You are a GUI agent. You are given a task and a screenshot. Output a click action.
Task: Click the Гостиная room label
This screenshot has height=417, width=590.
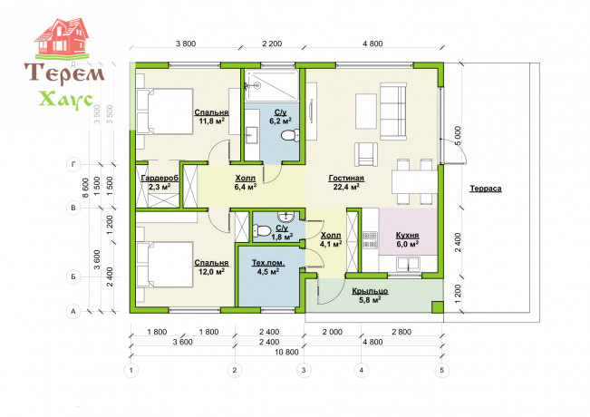pyautogui.click(x=346, y=178)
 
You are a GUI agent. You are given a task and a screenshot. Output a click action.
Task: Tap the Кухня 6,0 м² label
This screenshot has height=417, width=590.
pyautogui.click(x=408, y=239)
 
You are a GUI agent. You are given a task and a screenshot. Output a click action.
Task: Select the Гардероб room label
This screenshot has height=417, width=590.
pyautogui.click(x=160, y=178)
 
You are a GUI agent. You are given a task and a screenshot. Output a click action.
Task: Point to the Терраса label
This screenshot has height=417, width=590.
pyautogui.click(x=486, y=189)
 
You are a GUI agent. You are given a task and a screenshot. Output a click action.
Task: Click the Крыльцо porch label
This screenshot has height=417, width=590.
pyautogui.click(x=371, y=291)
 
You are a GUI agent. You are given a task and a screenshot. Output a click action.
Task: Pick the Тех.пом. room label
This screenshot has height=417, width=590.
pyautogui.click(x=268, y=263)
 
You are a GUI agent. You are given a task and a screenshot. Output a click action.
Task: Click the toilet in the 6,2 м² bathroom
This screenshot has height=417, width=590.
pyautogui.click(x=290, y=135)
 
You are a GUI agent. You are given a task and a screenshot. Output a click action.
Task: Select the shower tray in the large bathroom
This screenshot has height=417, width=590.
pyautogui.click(x=272, y=85)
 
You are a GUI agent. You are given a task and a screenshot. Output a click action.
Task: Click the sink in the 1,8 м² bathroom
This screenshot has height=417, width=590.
pyautogui.click(x=286, y=217)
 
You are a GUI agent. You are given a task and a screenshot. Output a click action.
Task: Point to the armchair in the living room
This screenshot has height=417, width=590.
pyautogui.click(x=366, y=154)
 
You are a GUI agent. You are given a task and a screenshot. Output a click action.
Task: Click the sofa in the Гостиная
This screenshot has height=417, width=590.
pyautogui.click(x=392, y=112)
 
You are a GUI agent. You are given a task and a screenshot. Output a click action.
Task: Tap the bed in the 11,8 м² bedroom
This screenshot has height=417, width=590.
pyautogui.click(x=165, y=112)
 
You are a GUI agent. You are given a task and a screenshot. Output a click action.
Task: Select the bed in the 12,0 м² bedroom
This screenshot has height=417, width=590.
pyautogui.click(x=165, y=265)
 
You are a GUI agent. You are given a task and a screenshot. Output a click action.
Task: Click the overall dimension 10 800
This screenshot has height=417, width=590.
pyautogui.click(x=286, y=352)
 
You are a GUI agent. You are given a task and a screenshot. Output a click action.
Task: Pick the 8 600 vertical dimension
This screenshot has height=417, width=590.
pyautogui.click(x=86, y=188)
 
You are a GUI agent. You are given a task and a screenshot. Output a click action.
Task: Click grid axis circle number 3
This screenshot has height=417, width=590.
pyautogui.click(x=304, y=370)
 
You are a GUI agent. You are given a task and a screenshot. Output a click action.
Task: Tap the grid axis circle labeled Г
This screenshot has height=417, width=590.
pyautogui.click(x=73, y=164)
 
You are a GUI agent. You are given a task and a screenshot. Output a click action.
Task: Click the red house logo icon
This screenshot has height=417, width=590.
pyautogui.click(x=63, y=38)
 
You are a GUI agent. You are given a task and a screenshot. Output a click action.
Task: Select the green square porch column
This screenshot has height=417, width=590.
pyautogui.click(x=437, y=307)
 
